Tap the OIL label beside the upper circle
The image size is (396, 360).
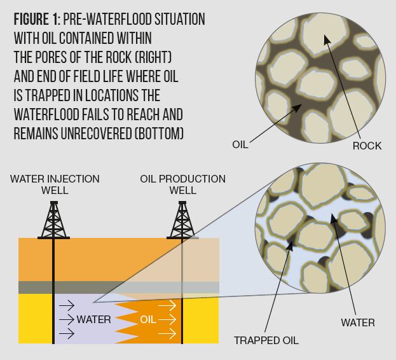[x=240, y=145]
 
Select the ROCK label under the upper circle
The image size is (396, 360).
[x=367, y=146]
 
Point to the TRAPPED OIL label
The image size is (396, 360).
[x=266, y=340]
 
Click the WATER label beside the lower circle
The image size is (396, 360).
[x=358, y=322]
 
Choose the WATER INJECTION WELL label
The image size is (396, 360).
[x=55, y=184]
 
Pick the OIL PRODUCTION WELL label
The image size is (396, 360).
[x=182, y=184]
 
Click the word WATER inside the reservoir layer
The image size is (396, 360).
[x=93, y=319]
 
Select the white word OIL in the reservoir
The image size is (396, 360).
[x=147, y=319]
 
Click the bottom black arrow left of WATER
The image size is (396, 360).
[x=66, y=333]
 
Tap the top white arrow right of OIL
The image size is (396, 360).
[x=167, y=305]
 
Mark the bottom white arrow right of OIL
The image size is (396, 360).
[x=167, y=333]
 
